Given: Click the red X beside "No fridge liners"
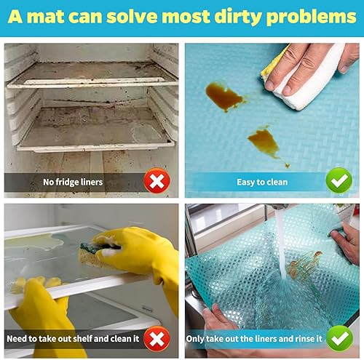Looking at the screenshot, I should tap(155, 181).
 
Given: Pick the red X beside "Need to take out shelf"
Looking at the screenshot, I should tap(155, 339).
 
